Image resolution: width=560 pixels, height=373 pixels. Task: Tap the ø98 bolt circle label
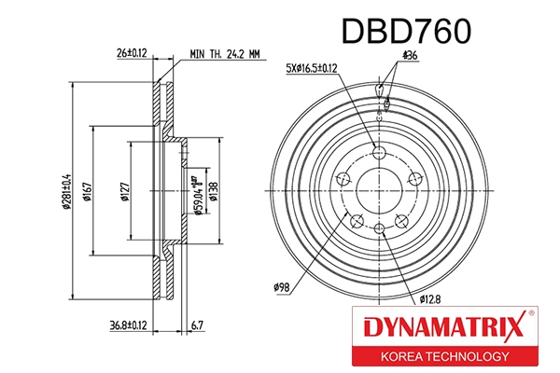point(285,287)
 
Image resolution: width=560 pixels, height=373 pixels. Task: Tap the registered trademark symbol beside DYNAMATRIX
point(531,315)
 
